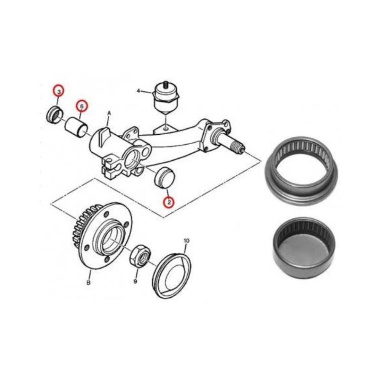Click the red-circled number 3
(58, 91)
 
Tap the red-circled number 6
(81, 105)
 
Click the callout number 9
(136, 282)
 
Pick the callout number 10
(186, 241)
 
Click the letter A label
(109, 113)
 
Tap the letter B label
(88, 283)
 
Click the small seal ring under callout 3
(53, 115)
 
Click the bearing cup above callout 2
(164, 177)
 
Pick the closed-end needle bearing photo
(304, 247)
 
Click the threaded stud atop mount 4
(166, 84)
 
